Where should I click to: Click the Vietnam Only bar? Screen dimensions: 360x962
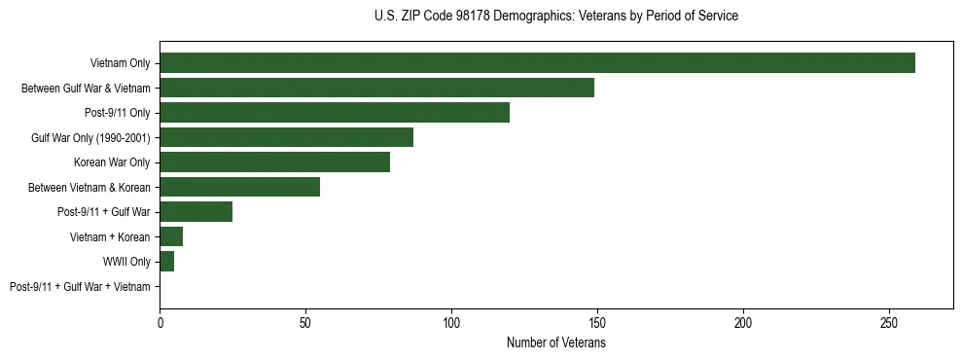click(x=537, y=63)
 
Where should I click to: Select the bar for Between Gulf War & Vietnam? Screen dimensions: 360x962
click(x=376, y=89)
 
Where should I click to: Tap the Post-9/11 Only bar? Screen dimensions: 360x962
click(x=335, y=113)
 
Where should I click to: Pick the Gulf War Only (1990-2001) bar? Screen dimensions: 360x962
click(x=286, y=137)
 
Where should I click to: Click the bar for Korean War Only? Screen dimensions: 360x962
click(x=274, y=162)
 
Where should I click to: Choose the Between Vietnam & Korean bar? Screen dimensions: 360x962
click(x=239, y=187)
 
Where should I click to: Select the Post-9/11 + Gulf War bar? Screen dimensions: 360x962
click(x=196, y=212)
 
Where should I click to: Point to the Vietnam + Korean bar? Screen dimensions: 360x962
click(x=171, y=236)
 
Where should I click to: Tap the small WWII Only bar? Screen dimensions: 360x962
click(x=166, y=262)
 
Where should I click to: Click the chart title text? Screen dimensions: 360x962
click(x=555, y=17)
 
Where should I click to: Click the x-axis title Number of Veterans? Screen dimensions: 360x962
click(x=555, y=343)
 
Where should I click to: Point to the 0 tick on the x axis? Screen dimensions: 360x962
click(x=160, y=322)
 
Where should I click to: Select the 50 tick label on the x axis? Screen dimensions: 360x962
click(x=305, y=322)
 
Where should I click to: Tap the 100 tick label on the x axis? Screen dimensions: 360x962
click(x=451, y=322)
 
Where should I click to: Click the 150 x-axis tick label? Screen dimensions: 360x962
click(x=597, y=322)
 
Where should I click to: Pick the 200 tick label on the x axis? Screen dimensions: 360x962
click(x=743, y=322)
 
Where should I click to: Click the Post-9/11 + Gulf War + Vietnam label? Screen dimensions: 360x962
click(x=80, y=286)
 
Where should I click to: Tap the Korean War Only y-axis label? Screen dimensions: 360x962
click(x=112, y=162)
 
